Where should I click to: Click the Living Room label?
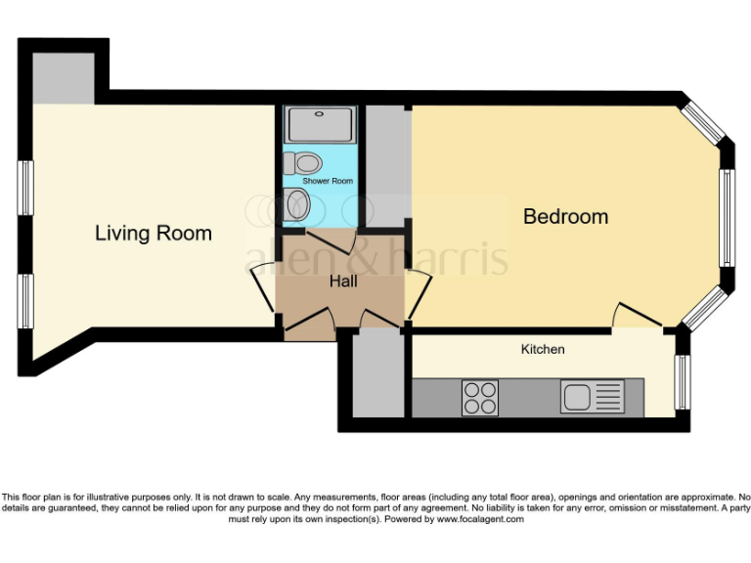click(153, 234)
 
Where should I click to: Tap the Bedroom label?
click(565, 216)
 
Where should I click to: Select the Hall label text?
click(342, 281)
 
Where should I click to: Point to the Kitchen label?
click(542, 349)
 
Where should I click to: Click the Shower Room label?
click(328, 182)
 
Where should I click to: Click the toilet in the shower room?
click(306, 162)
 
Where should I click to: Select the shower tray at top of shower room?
click(321, 124)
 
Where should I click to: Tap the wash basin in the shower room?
click(299, 205)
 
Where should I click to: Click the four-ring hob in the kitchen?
click(479, 397)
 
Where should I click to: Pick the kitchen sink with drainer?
click(591, 397)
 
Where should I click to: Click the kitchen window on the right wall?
click(684, 381)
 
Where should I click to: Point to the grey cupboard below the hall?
click(371, 375)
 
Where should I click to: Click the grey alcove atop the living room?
click(63, 78)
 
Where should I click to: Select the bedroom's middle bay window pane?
click(727, 217)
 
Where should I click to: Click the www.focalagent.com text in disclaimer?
click(480, 519)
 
